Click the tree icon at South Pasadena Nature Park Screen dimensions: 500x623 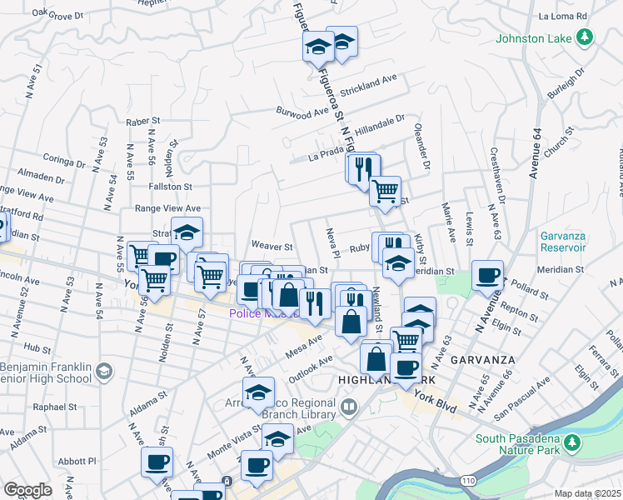[x=571, y=441]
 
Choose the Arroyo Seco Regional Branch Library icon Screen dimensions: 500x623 [x=348, y=407]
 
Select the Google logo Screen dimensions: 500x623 [x=27, y=490]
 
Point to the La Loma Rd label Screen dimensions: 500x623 [x=563, y=16]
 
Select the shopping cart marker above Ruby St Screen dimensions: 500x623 [x=385, y=190]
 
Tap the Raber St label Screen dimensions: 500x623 [x=142, y=122]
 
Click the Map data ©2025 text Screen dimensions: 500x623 [x=588, y=493]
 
